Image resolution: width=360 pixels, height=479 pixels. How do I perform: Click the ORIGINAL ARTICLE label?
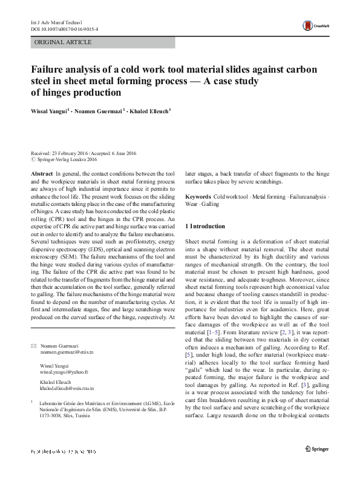pyautogui.click(x=64, y=42)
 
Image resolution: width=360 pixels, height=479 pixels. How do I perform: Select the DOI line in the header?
pyautogui.click(x=61, y=28)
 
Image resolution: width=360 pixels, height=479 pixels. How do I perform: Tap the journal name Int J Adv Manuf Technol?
pyautogui.click(x=54, y=21)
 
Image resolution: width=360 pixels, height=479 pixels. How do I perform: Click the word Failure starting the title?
pyautogui.click(x=50, y=68)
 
